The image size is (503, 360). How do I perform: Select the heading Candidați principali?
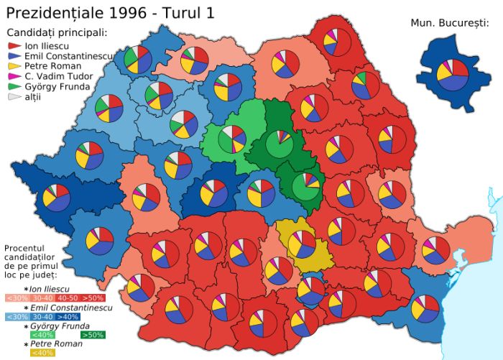pos(57,32)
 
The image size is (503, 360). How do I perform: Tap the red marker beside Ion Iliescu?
pos(14,45)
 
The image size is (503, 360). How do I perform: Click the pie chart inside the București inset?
pos(453,73)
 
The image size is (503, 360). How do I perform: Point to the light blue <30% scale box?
pos(17,316)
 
